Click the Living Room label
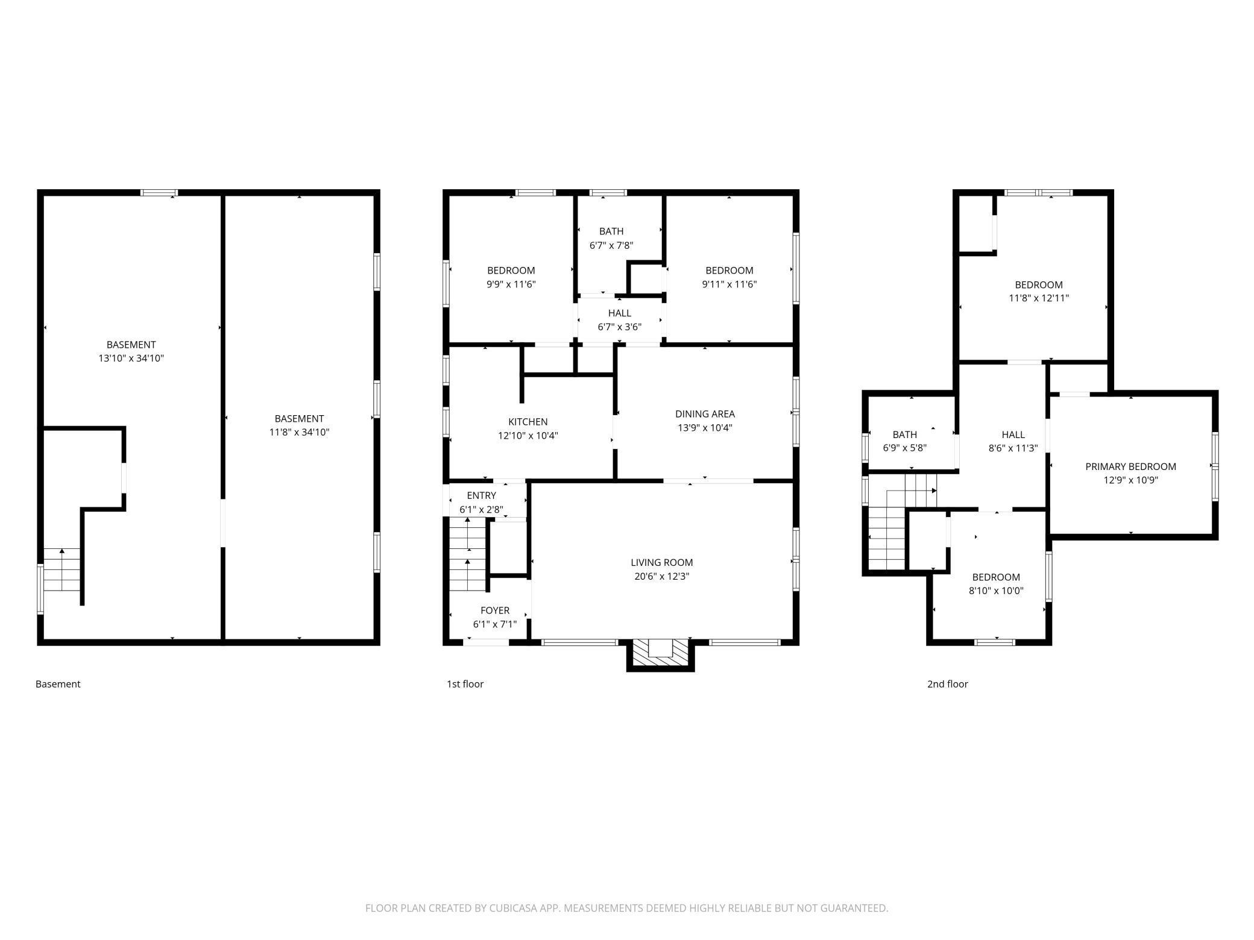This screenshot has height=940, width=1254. click(661, 562)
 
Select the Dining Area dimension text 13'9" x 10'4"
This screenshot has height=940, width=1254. click(705, 428)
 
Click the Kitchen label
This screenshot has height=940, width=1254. click(528, 422)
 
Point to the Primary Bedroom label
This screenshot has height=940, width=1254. click(1130, 466)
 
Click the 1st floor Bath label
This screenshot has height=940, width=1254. click(611, 231)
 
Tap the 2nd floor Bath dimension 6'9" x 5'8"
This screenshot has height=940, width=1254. click(904, 448)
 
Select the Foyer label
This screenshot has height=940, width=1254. click(494, 610)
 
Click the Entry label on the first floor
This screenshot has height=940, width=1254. click(481, 495)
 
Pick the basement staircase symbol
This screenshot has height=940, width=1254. click(62, 569)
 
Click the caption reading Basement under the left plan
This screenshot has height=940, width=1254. click(58, 684)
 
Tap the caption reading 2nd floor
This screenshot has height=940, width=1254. click(947, 684)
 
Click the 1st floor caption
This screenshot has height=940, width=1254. click(465, 684)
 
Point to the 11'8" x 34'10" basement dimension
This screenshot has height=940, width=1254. click(299, 432)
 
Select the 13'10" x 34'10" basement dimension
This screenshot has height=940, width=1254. click(131, 358)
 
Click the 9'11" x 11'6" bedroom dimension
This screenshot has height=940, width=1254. click(729, 284)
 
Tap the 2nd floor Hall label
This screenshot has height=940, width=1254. click(1013, 434)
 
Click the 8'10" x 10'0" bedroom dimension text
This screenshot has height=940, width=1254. click(996, 591)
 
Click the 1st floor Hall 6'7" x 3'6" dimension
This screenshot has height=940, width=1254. click(619, 327)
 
